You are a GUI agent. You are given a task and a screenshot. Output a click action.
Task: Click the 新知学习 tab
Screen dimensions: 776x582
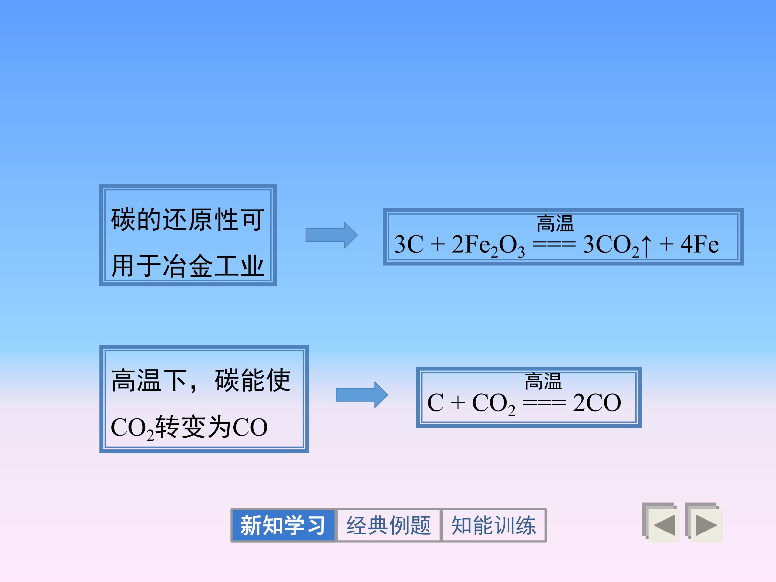tap(283, 525)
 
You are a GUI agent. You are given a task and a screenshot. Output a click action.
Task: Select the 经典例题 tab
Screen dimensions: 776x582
tap(388, 525)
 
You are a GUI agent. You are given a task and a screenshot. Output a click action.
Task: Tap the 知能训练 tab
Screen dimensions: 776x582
tap(494, 525)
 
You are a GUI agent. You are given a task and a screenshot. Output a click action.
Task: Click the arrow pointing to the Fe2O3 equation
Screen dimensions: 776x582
tap(331, 235)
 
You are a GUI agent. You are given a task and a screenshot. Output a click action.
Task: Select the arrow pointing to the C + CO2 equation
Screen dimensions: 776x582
tap(362, 395)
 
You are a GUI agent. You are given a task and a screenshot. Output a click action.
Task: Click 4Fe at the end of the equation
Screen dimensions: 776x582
tap(699, 244)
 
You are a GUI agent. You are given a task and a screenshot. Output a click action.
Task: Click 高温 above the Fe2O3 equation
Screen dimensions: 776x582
tap(555, 223)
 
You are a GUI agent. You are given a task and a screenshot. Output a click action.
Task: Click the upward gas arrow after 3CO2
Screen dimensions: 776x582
tap(646, 245)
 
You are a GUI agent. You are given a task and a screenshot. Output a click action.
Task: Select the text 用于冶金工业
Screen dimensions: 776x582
tap(187, 266)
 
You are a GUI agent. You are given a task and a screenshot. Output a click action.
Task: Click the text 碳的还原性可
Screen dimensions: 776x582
tap(187, 219)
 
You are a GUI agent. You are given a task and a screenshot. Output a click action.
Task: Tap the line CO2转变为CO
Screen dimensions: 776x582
tap(189, 427)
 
